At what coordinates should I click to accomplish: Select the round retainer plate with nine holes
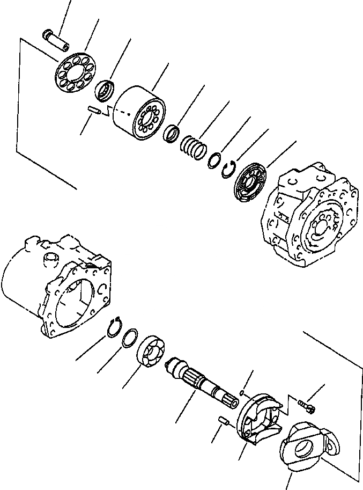coord(76,74)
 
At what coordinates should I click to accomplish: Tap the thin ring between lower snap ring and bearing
coord(129,339)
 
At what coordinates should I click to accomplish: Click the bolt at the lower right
coord(306,405)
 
